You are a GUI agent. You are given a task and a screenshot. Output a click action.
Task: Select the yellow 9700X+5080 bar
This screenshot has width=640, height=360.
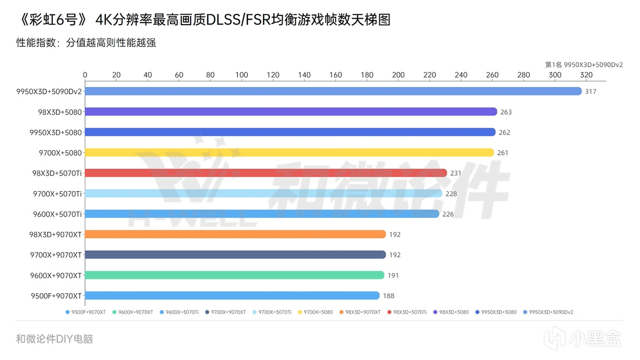pos(289,153)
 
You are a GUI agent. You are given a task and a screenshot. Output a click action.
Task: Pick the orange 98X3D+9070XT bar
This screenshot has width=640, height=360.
pos(235,234)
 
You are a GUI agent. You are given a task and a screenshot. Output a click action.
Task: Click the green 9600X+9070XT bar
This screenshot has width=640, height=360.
pos(234,275)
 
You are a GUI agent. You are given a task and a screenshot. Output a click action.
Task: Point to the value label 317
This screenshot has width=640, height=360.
pos(590,91)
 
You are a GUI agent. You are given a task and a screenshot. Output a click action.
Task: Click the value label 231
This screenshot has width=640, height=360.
pos(456,173)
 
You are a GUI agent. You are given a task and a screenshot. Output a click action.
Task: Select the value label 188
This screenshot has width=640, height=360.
pos(388,295)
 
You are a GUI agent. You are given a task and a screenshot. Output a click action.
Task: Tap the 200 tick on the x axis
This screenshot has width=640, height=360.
pos(398,75)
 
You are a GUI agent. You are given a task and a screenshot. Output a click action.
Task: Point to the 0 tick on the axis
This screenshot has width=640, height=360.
pos(85,75)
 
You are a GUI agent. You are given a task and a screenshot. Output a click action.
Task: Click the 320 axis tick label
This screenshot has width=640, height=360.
pos(586,75)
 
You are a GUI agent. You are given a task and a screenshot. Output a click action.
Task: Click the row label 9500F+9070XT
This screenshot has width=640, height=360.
pos(56,295)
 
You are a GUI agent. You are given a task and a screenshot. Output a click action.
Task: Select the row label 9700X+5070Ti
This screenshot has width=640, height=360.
pos(57,193)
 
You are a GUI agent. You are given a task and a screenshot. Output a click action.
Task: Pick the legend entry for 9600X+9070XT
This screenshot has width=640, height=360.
pos(133,312)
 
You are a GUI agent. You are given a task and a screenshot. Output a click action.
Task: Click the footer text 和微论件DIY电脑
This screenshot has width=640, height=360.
pos(54,339)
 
